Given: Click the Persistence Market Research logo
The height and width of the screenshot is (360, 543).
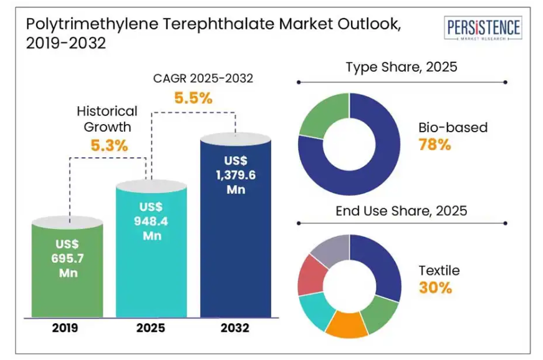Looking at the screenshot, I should click(x=483, y=29).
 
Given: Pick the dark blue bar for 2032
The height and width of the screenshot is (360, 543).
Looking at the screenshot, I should click(x=235, y=225).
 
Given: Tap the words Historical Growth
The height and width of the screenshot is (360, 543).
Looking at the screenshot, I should click(x=107, y=119).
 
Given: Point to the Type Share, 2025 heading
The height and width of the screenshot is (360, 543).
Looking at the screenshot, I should click(x=401, y=67).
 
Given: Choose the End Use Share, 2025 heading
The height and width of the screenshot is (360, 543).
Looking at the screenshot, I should click(x=401, y=211).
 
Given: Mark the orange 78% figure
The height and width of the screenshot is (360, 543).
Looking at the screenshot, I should click(x=435, y=145).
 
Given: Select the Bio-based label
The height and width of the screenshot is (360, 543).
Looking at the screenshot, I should click(x=453, y=128).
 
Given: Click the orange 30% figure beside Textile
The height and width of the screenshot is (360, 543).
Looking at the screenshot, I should click(x=435, y=288).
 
